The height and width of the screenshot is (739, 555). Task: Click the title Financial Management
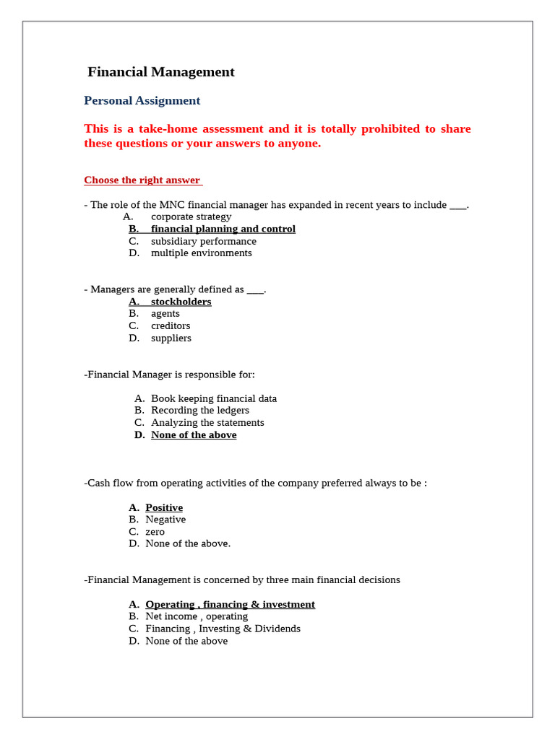click(x=160, y=72)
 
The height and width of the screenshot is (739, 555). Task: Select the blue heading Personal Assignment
click(x=142, y=101)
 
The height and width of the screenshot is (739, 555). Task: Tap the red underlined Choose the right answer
click(x=142, y=180)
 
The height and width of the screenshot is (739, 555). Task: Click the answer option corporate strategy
click(x=191, y=217)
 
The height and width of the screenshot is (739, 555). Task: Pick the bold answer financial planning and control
click(x=223, y=229)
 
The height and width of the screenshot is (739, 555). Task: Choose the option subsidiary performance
click(x=203, y=241)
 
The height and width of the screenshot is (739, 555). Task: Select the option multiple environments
click(x=201, y=253)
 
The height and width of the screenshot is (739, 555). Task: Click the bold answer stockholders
click(x=181, y=302)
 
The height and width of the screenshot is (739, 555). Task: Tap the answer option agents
click(x=165, y=314)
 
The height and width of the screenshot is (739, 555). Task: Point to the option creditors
click(x=171, y=326)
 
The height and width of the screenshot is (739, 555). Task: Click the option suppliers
click(x=171, y=338)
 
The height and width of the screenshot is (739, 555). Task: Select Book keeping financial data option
click(x=213, y=398)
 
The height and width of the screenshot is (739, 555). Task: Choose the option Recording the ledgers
click(x=199, y=411)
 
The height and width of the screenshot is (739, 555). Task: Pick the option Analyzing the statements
click(x=207, y=423)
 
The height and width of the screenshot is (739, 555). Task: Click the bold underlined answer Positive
click(x=164, y=507)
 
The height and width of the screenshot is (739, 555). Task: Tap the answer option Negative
click(x=165, y=520)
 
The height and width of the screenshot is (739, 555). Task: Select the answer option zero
click(x=155, y=532)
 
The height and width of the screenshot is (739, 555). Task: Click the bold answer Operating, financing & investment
click(x=230, y=604)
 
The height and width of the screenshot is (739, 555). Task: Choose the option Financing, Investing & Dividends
click(x=223, y=629)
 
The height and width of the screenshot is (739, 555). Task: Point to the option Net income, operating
click(x=196, y=616)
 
